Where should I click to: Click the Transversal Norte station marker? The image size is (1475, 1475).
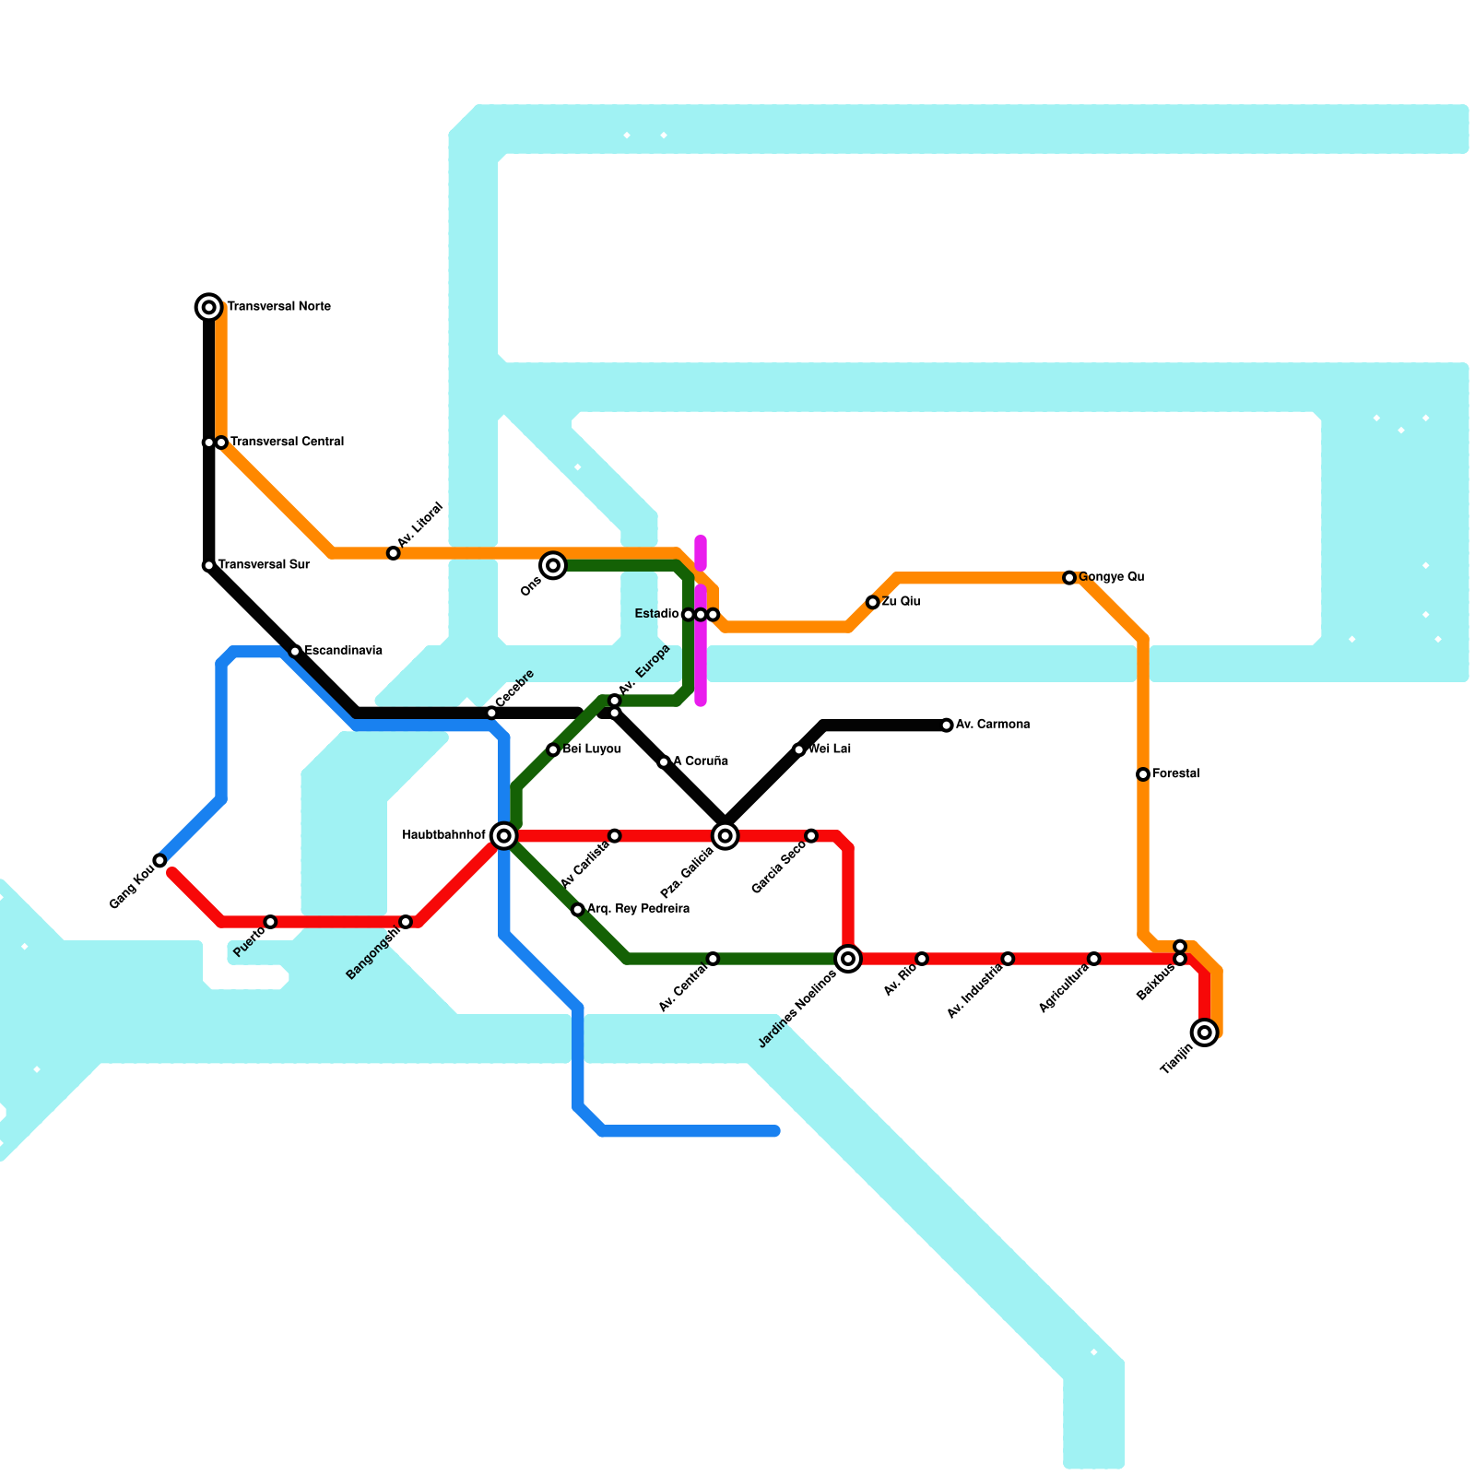coord(209,307)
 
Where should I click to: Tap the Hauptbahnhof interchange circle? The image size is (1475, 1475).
coord(504,836)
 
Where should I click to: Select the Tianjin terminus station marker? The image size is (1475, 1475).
coord(1205,1032)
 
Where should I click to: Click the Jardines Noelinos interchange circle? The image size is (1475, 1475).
coord(848,959)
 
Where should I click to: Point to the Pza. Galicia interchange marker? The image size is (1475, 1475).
coord(726,836)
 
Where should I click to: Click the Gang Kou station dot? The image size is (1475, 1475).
coord(159,860)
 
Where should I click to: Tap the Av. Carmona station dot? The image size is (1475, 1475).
coord(947,726)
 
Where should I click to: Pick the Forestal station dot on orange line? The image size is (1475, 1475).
coord(1143,774)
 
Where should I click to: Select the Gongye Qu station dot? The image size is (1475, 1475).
coord(1069,578)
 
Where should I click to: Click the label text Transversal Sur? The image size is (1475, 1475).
coord(264,565)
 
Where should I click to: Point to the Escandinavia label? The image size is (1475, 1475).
coord(343,651)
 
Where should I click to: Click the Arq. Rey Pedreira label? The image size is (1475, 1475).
coord(638,909)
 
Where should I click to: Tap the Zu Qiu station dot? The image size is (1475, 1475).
coord(873,602)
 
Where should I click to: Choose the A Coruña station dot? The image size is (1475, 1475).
coord(664,762)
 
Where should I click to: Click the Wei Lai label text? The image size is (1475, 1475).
coord(829,749)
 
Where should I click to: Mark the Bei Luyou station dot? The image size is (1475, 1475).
coord(553,749)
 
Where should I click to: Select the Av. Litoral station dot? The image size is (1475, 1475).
coord(394,553)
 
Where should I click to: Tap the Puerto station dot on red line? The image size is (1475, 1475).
coord(270,922)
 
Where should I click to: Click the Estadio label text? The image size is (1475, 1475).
coord(657,614)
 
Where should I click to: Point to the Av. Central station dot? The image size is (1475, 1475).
coord(713,959)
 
